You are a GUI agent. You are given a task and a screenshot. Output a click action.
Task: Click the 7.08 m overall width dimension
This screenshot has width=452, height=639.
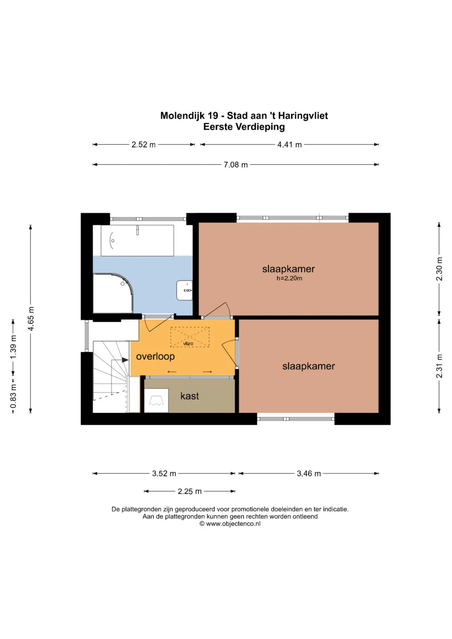pyautogui.click(x=235, y=164)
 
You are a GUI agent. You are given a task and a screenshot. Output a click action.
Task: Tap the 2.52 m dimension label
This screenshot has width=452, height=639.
pyautogui.click(x=143, y=145)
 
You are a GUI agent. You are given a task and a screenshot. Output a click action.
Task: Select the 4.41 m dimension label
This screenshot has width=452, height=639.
pyautogui.click(x=289, y=145)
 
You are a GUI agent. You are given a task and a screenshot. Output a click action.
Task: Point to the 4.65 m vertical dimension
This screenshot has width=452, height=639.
pyautogui.click(x=31, y=318)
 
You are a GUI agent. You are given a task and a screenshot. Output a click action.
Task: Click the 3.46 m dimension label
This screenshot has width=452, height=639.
pyautogui.click(x=309, y=474)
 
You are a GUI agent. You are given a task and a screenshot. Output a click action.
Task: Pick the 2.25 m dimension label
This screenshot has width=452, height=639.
pyautogui.click(x=190, y=491)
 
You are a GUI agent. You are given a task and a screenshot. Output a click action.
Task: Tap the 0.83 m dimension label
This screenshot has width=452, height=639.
pyautogui.click(x=13, y=396)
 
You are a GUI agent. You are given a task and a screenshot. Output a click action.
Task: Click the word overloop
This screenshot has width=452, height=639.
pyautogui.click(x=155, y=357)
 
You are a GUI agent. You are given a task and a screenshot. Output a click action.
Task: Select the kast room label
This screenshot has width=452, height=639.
pyautogui.click(x=190, y=396)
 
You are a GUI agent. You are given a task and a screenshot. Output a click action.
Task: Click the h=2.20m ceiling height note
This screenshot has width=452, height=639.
pyautogui.click(x=289, y=278)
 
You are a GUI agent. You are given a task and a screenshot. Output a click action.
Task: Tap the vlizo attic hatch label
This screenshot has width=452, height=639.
pyautogui.click(x=188, y=344)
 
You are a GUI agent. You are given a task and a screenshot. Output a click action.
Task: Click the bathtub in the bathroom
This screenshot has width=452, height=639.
pyautogui.click(x=137, y=241)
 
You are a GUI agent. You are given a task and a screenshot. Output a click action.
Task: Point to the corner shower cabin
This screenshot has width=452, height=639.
pyautogui.click(x=113, y=293)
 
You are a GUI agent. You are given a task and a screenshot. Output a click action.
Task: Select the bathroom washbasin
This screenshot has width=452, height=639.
pyautogui.click(x=184, y=290)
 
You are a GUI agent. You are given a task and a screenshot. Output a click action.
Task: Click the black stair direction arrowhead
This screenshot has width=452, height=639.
pyautogui.click(x=125, y=360)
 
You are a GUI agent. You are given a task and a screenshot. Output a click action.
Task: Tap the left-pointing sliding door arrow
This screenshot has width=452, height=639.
pyautogui.click(x=172, y=372)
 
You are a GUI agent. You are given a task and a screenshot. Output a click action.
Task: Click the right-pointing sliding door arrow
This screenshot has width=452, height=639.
pyautogui.click(x=207, y=372)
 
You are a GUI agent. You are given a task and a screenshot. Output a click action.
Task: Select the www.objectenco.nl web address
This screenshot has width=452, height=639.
pyautogui.click(x=233, y=524)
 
